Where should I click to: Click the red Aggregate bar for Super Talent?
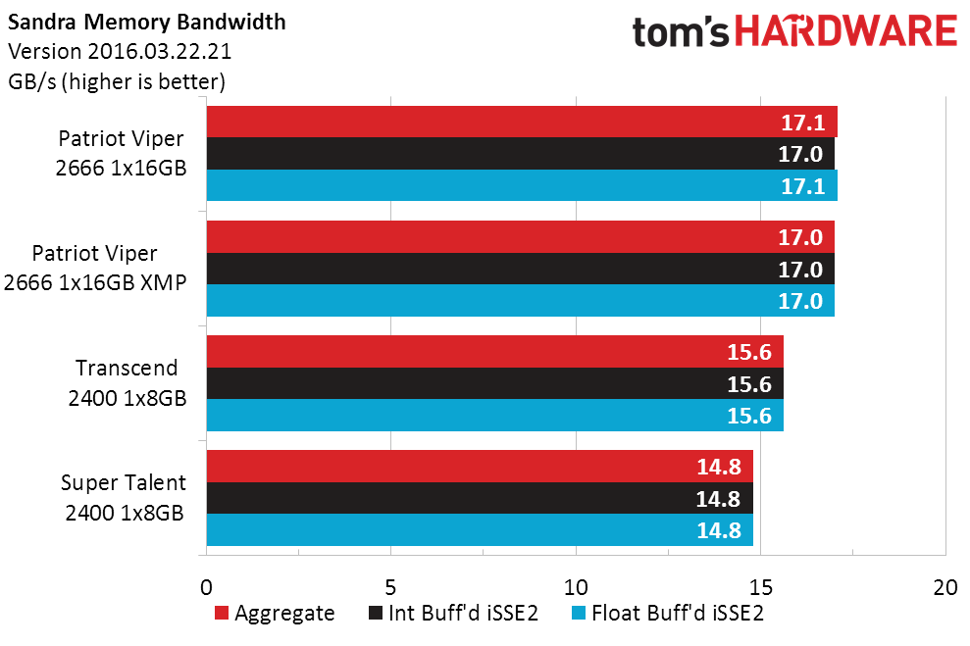pyautogui.click(x=480, y=466)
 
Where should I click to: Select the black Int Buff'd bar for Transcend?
pyautogui.click(x=495, y=383)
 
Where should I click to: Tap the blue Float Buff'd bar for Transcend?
pyautogui.click(x=495, y=415)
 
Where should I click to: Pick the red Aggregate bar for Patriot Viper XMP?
pyautogui.click(x=520, y=237)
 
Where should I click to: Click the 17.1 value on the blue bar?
pyautogui.click(x=803, y=186)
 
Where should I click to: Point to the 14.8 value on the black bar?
pyautogui.click(x=718, y=498)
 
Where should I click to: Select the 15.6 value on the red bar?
pyautogui.click(x=749, y=352)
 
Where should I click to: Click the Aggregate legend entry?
pyautogui.click(x=275, y=613)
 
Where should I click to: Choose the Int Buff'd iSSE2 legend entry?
pyautogui.click(x=453, y=613)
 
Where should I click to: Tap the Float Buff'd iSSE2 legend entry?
pyautogui.click(x=668, y=613)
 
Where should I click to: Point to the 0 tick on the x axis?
pyautogui.click(x=207, y=587)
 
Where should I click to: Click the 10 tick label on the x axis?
pyautogui.click(x=576, y=587)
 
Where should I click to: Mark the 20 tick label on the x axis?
pyautogui.click(x=945, y=587)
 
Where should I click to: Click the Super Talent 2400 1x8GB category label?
pyautogui.click(x=124, y=498)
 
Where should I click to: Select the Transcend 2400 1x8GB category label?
pyautogui.click(x=127, y=382)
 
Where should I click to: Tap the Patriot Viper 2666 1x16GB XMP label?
pyautogui.click(x=95, y=268)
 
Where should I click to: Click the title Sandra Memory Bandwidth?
pyautogui.click(x=146, y=23)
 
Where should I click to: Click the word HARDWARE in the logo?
pyautogui.click(x=845, y=31)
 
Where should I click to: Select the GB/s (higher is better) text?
pyautogui.click(x=117, y=81)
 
